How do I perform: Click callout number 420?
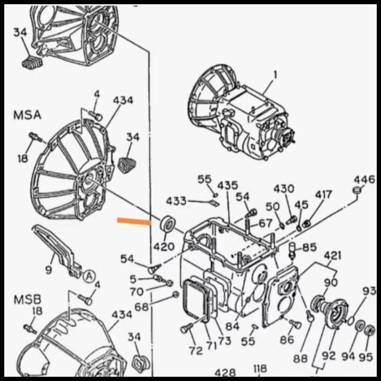[x=164, y=246]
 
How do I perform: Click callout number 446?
[x=365, y=179]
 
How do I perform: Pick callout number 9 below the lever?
[x=48, y=270]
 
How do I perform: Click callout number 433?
[x=176, y=201]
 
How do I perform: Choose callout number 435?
[x=227, y=186]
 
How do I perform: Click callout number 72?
[x=196, y=350]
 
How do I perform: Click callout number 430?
[x=284, y=189]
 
